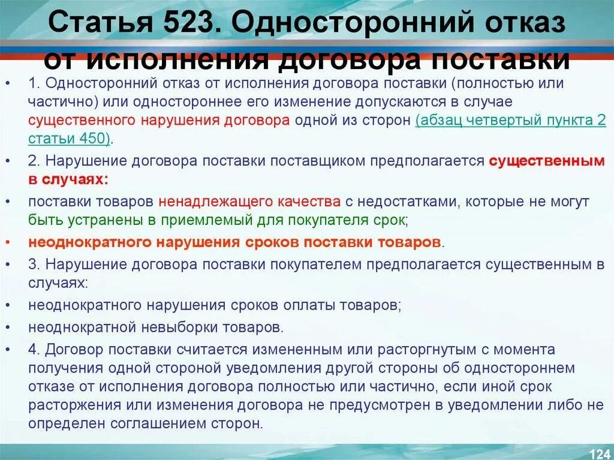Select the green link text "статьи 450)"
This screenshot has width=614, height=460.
(70, 138)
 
